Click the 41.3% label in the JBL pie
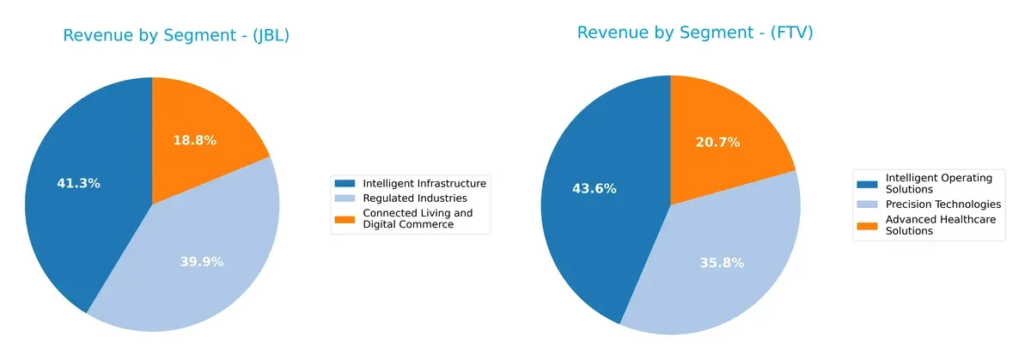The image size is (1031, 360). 78,183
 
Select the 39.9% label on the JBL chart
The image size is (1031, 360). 201,261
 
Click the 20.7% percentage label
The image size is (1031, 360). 717,143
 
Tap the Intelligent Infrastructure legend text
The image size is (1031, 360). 424,183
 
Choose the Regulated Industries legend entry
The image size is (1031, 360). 415,198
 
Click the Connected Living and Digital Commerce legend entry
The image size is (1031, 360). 418,219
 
